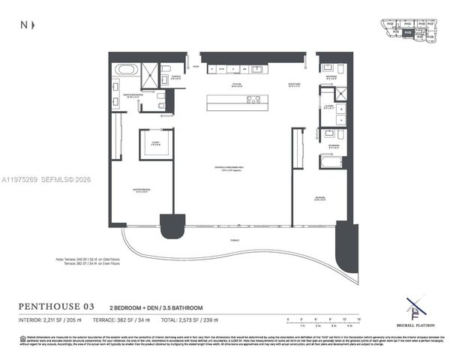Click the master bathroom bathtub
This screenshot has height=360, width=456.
coord(126,70)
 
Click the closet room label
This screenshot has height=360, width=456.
coord(156,144)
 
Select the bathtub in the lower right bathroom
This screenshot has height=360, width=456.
coord(330,160)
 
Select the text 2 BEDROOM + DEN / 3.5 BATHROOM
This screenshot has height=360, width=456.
coord(151,307)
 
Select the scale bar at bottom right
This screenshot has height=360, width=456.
coord(315,322)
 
